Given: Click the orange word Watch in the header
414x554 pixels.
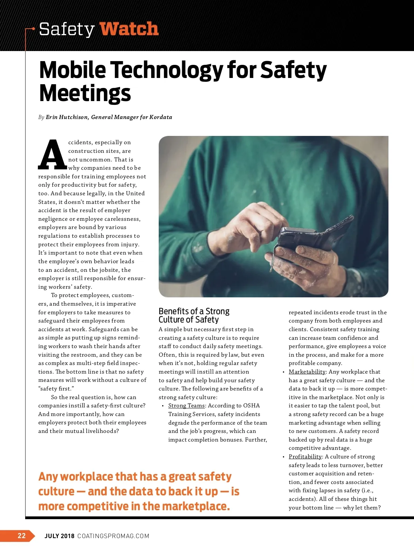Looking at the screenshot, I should (129, 29).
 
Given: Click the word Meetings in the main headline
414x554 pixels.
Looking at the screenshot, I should (85, 93).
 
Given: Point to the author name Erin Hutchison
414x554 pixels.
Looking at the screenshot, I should (67, 117).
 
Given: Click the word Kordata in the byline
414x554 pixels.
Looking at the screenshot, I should (161, 117).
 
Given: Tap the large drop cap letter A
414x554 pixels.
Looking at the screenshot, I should (52, 155).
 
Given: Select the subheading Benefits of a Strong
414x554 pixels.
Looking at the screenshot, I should (194, 311).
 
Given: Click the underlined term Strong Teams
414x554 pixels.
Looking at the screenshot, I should (186, 406).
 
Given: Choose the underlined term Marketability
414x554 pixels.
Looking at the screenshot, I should (307, 372).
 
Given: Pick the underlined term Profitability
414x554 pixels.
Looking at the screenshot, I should (305, 457).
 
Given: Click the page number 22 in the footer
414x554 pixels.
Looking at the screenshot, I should (21, 536).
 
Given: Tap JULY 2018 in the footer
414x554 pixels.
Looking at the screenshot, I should (59, 536).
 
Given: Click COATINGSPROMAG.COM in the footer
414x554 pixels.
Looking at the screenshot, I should (114, 536).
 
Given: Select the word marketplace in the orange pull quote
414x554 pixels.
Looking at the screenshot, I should (195, 506).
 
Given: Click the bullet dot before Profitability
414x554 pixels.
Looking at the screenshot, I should (284, 457).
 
